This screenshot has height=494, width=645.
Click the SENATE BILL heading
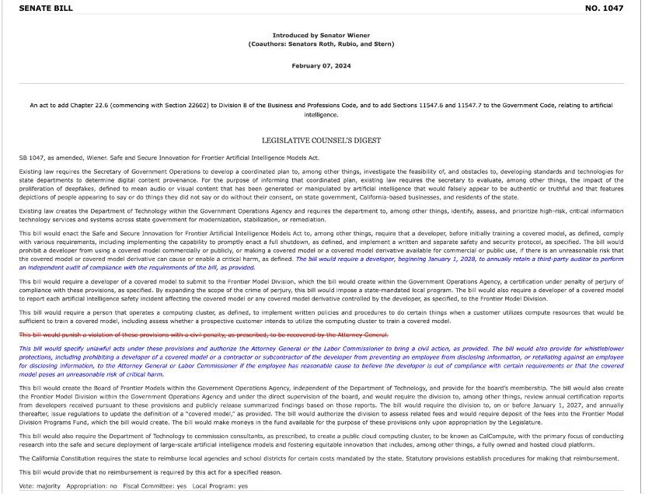[x=46, y=8]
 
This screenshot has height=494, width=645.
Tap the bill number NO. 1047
[x=603, y=8]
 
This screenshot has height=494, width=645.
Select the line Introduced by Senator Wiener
[x=321, y=35]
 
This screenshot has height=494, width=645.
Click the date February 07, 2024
[x=321, y=66]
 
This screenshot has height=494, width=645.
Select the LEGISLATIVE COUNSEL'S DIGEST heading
[x=321, y=141]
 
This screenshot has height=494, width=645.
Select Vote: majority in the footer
[x=40, y=486]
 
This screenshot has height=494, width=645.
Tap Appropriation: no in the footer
[x=92, y=486]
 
